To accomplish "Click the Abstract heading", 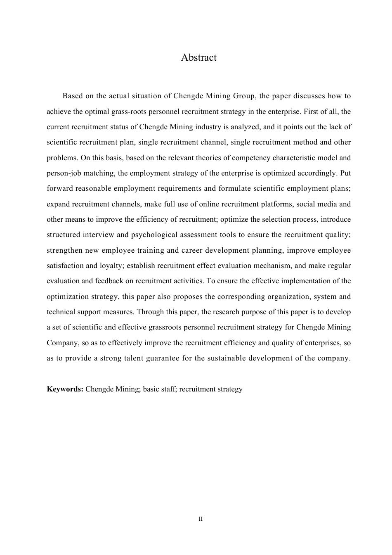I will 198,57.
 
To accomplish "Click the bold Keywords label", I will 65,389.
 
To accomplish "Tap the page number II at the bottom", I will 201,519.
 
